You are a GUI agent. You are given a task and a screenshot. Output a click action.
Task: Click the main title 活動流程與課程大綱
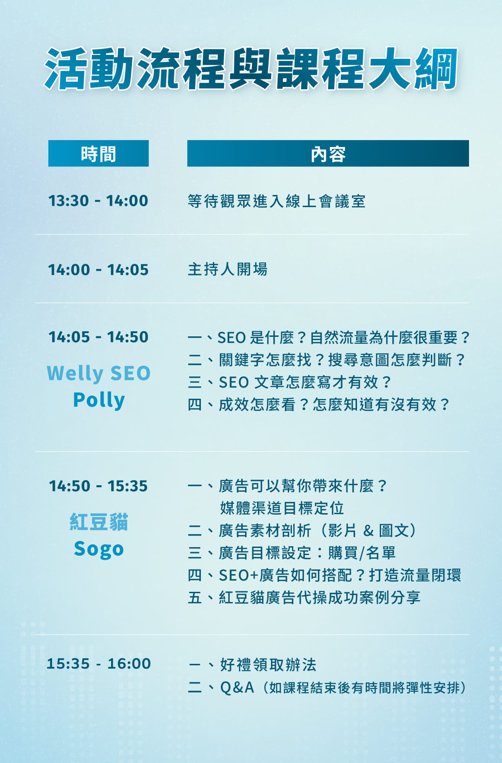251,69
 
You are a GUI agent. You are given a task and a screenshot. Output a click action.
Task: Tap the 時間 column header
99,154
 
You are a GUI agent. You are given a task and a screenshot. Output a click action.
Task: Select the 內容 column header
328,154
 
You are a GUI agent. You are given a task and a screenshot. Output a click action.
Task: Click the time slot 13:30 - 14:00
98,201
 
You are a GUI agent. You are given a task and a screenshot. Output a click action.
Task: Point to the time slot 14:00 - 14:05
98,270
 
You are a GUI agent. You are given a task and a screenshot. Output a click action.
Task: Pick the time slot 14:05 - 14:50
99,337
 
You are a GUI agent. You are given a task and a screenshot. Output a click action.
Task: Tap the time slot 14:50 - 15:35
99,486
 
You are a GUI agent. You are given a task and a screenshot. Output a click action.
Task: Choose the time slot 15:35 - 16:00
99,663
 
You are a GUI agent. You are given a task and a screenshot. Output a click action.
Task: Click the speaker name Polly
99,400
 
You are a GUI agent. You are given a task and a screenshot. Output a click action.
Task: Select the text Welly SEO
99,373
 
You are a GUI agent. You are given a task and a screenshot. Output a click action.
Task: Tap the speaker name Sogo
99,549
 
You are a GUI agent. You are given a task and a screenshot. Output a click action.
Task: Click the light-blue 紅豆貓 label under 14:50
99,522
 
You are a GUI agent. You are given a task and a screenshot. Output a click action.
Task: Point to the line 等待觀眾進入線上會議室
277,201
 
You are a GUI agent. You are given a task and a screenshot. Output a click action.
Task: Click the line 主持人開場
227,269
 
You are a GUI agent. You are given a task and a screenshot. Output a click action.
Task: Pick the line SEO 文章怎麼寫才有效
289,382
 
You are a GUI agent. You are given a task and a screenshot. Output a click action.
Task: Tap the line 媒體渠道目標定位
282,508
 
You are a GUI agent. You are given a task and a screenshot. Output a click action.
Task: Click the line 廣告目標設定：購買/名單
291,553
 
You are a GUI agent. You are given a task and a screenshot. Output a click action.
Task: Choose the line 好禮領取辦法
252,664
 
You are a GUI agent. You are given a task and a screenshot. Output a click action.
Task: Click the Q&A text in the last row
237,687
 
